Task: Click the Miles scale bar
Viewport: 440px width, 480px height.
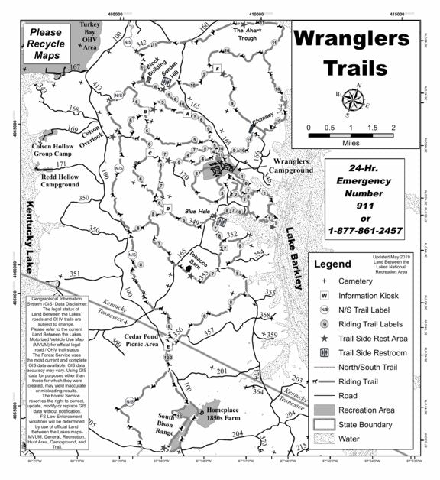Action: pyautogui.click(x=351, y=135)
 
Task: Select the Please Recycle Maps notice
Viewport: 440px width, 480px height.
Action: pyautogui.click(x=47, y=44)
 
